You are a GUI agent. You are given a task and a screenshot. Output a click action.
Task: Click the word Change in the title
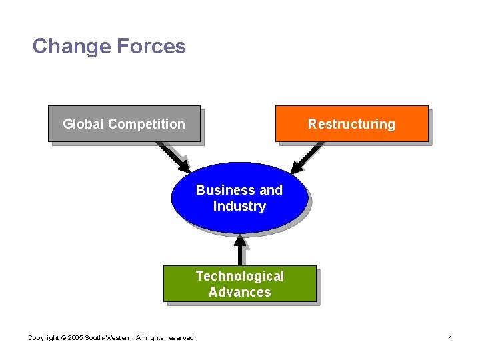(x=71, y=46)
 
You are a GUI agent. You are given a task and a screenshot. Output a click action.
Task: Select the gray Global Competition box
(x=124, y=133)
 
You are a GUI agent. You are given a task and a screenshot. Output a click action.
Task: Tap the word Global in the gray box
(x=84, y=124)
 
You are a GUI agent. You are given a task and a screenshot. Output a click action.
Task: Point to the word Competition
(x=147, y=124)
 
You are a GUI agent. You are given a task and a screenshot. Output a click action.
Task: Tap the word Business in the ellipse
(x=220, y=190)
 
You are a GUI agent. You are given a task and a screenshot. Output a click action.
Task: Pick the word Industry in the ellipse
(x=239, y=207)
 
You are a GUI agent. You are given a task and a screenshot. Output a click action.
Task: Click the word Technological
(x=239, y=276)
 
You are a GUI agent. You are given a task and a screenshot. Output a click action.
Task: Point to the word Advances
(x=239, y=292)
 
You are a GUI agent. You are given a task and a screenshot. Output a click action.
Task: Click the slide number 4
(x=450, y=338)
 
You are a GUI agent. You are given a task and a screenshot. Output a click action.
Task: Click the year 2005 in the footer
(x=76, y=338)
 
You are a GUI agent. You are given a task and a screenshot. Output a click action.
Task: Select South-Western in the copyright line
(x=109, y=338)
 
